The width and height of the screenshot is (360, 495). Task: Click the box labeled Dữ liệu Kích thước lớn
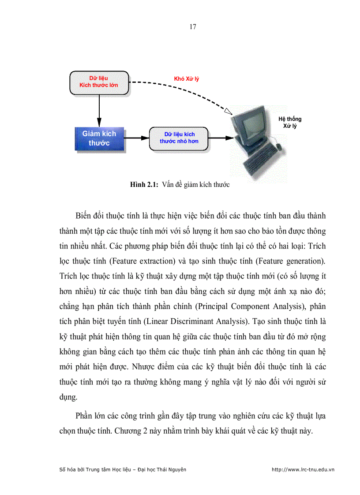[x=99, y=82]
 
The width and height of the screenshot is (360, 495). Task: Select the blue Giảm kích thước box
[x=99, y=138]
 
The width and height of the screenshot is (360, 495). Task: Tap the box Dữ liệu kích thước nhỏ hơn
[x=179, y=138]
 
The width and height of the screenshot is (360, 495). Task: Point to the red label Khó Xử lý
[x=186, y=79]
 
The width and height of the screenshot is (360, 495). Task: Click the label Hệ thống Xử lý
[x=290, y=123]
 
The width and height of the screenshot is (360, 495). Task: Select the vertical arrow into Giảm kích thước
[x=99, y=110]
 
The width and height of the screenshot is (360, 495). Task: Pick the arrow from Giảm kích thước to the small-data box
[x=137, y=138]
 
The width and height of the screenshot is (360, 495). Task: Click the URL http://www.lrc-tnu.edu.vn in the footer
[x=303, y=469]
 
